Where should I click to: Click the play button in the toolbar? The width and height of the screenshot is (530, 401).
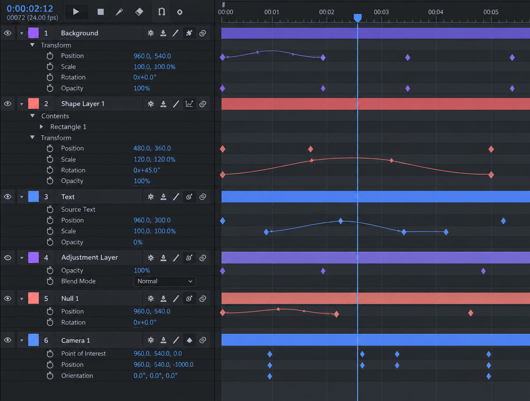point(76,12)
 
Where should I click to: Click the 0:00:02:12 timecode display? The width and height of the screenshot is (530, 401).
point(30,9)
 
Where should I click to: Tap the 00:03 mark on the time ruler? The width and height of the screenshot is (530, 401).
point(381,12)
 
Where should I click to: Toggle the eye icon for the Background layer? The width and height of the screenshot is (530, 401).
point(8,33)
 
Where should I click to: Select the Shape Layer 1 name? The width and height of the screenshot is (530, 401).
point(83,104)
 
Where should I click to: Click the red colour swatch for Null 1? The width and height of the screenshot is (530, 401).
point(34,299)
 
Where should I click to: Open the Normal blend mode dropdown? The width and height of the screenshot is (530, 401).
point(165,281)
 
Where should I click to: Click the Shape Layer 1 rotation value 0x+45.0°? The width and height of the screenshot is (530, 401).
point(147,170)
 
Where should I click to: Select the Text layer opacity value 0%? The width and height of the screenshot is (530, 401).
point(138,242)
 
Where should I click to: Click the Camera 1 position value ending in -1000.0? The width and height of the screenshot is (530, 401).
point(163,364)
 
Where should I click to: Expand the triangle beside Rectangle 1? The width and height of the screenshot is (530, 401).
point(41,127)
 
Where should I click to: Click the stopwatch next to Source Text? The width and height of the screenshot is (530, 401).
point(50,209)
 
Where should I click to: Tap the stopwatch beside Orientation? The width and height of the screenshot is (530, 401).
point(50,375)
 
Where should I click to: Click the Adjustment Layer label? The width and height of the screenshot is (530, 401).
point(90,257)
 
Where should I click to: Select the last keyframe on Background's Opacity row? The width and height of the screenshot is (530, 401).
point(512,89)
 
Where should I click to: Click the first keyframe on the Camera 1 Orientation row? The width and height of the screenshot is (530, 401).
point(270,376)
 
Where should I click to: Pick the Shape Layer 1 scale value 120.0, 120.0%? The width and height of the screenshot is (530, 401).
point(154,159)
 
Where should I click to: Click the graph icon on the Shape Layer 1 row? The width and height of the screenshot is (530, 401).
point(189,104)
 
